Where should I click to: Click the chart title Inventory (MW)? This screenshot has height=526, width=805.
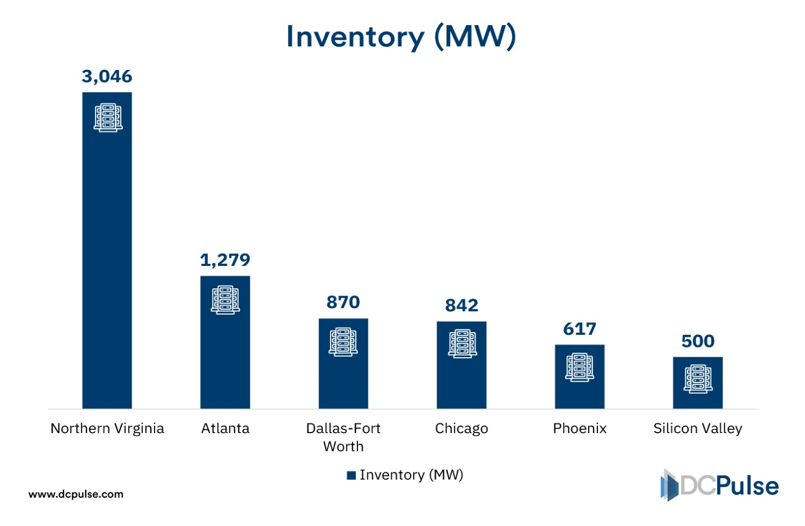point(401,37)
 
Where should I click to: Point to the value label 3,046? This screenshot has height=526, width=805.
point(107,76)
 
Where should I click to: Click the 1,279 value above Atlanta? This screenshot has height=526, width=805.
point(225,260)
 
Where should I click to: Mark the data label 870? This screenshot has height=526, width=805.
point(343,302)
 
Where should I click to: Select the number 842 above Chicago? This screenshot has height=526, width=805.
point(461,305)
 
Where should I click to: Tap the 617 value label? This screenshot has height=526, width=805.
point(579,329)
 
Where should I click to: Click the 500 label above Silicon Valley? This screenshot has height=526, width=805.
point(697,341)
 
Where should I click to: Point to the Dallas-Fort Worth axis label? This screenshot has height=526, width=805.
point(343,437)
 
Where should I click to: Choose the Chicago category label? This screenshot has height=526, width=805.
point(461,428)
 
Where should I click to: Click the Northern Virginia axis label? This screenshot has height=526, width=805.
point(107,428)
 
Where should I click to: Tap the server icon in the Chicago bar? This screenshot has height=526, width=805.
point(462,344)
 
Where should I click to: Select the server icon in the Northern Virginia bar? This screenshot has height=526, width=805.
point(108,117)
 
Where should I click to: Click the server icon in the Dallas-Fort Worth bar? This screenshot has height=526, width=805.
point(343,341)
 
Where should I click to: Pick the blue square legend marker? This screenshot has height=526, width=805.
point(351,475)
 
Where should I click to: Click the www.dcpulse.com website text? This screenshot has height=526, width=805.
point(76,494)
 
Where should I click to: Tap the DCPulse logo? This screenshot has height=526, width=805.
point(719,485)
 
